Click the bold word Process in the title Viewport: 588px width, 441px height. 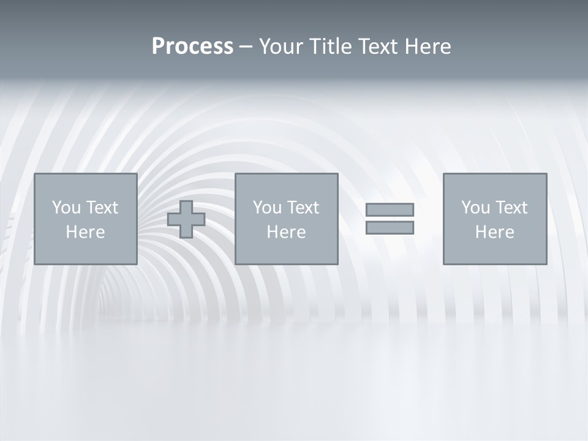click(x=192, y=47)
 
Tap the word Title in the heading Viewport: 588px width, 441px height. click(x=330, y=47)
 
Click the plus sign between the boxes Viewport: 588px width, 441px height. click(x=186, y=219)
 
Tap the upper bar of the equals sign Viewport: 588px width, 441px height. click(x=390, y=209)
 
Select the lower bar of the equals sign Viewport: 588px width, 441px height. click(x=390, y=227)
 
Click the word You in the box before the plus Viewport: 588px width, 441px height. click(x=66, y=208)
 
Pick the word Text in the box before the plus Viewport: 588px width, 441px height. click(x=102, y=208)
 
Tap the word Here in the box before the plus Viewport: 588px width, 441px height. click(x=85, y=232)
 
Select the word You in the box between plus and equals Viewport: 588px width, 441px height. click(x=267, y=208)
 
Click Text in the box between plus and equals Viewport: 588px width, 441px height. click(x=303, y=208)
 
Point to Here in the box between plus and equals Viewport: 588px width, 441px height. click(x=286, y=232)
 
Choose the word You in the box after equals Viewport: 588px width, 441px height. click(x=475, y=208)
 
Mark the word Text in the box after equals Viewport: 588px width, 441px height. click(x=511, y=208)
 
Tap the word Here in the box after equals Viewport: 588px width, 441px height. click(x=494, y=232)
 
